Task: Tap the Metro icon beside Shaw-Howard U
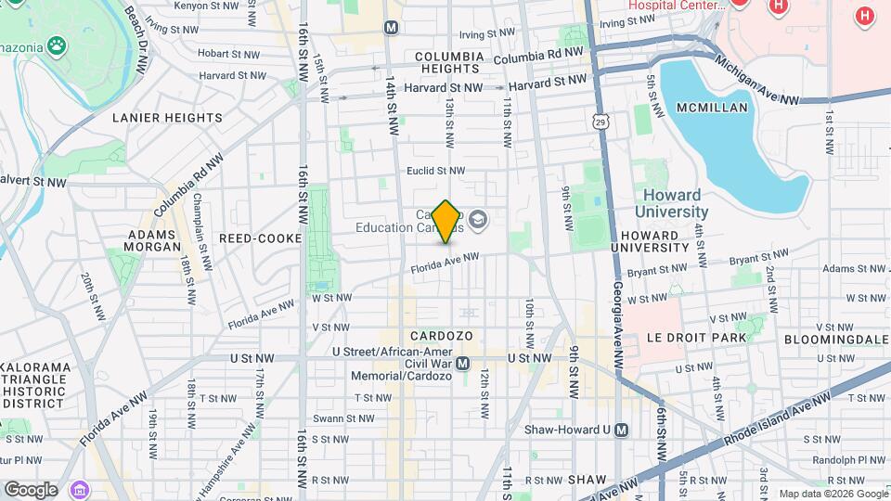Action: [x=621, y=430]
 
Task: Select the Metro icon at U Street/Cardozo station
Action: [x=462, y=364]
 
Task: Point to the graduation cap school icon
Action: [x=478, y=220]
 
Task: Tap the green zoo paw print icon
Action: [x=58, y=45]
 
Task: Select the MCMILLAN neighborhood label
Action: [x=712, y=108]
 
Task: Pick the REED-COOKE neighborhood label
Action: [x=261, y=238]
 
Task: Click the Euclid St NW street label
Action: [x=435, y=171]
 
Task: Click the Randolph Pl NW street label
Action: [x=851, y=459]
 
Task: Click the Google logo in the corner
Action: [x=31, y=490]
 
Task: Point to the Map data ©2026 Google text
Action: [x=833, y=494]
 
